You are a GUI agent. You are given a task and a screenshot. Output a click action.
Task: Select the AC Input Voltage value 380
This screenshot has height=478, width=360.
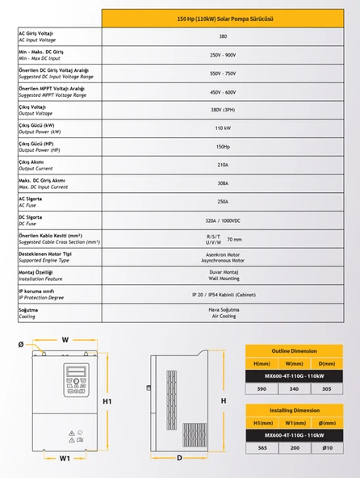click(x=222, y=36)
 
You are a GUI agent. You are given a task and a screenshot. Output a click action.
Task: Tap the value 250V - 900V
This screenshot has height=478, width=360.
click(x=222, y=55)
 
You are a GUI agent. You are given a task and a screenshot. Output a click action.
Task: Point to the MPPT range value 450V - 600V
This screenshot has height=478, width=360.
click(x=222, y=92)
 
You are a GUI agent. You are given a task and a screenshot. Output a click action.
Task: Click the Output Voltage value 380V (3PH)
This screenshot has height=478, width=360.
click(x=222, y=110)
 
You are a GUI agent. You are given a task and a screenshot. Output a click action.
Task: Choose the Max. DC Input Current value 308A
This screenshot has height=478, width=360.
click(x=222, y=183)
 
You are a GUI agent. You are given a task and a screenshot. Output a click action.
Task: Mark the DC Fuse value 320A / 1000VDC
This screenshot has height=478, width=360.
click(x=222, y=220)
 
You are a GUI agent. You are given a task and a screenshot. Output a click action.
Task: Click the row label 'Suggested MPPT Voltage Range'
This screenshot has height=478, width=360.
click(x=52, y=95)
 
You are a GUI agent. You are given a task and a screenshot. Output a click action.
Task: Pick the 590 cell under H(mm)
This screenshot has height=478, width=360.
click(x=261, y=388)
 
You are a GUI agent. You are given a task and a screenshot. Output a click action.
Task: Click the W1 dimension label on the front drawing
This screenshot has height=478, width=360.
click(x=65, y=458)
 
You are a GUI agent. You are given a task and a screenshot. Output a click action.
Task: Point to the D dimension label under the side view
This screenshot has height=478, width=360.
click(x=179, y=458)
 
